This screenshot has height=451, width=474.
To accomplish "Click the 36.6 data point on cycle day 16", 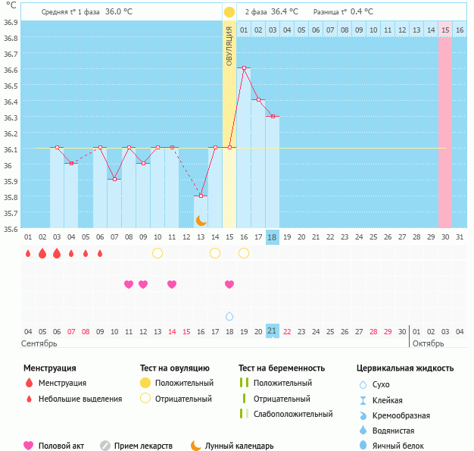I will pos(244,68).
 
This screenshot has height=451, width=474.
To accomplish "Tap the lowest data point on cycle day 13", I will pos(201,196).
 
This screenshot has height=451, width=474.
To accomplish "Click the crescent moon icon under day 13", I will pos(201,220).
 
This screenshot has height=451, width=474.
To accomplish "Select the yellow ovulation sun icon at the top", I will pos(229,12).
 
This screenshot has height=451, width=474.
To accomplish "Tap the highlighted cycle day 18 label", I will pos(273,237).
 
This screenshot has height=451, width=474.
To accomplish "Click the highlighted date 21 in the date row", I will pos(273,331).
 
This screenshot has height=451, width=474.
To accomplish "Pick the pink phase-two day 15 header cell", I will pos(445,30).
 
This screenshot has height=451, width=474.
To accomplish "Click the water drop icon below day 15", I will pos(229,315).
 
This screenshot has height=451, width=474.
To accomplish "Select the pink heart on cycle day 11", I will pos(172,284).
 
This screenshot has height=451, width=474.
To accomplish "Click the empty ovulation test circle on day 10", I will pos(157,253).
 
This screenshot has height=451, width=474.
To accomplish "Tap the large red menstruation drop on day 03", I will pos(57,253).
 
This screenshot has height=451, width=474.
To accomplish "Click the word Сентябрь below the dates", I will pos(40,343).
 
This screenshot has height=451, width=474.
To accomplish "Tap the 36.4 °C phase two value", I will pos(284,12).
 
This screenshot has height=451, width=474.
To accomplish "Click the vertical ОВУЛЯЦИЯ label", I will pos(229,45).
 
